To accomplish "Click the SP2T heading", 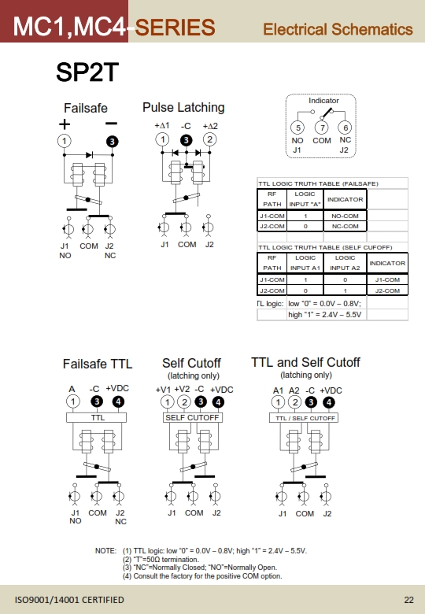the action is click(87, 72).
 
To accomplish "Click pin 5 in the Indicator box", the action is click(297, 128).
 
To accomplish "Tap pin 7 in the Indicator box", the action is click(322, 128).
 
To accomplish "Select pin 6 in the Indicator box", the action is click(346, 128).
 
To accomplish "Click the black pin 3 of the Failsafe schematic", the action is click(113, 142).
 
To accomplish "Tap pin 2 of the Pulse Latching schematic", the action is click(210, 139).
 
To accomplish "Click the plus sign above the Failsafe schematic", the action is click(65, 124).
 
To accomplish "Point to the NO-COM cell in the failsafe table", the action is click(346, 216).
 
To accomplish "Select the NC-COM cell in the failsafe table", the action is click(346, 226).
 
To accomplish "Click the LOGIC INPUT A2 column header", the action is click(345, 263).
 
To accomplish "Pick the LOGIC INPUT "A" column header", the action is click(305, 199).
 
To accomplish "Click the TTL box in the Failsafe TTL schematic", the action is click(96, 418).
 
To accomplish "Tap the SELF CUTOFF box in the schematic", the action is click(192, 418).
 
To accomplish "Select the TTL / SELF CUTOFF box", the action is click(304, 418).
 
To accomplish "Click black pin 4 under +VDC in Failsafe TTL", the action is click(118, 401).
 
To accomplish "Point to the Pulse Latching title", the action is click(183, 107).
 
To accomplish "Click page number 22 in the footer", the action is click(409, 600).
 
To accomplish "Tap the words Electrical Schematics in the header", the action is click(338, 29).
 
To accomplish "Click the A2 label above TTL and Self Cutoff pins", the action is click(294, 390).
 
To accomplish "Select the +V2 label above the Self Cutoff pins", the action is click(182, 389).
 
